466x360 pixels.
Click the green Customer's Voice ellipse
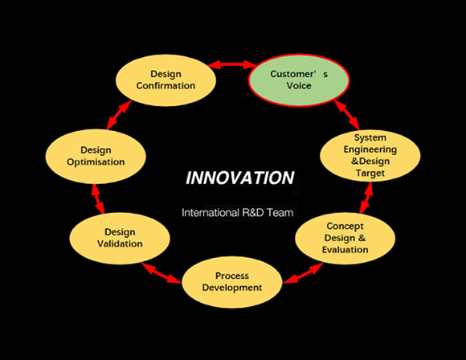[299, 80]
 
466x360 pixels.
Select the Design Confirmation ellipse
[166, 80]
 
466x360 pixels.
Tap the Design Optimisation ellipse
[96, 156]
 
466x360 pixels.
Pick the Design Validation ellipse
[120, 238]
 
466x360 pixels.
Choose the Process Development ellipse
[232, 282]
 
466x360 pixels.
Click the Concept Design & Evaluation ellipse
[345, 238]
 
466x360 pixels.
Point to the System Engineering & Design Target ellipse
[370, 155]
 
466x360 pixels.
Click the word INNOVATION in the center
[240, 178]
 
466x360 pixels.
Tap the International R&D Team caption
[238, 213]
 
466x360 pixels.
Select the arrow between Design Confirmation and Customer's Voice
[232, 64]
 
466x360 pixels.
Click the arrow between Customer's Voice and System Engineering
[347, 115]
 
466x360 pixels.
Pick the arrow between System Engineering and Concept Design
[366, 198]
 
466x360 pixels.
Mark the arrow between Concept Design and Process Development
[303, 273]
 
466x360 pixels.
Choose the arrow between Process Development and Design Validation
[161, 273]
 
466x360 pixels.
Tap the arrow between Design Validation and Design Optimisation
[98, 198]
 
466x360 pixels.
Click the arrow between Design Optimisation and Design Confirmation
[119, 115]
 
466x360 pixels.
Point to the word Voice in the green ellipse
[299, 86]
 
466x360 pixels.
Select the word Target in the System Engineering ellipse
[370, 173]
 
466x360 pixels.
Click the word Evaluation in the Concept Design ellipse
[345, 249]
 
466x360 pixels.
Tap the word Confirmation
[166, 86]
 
